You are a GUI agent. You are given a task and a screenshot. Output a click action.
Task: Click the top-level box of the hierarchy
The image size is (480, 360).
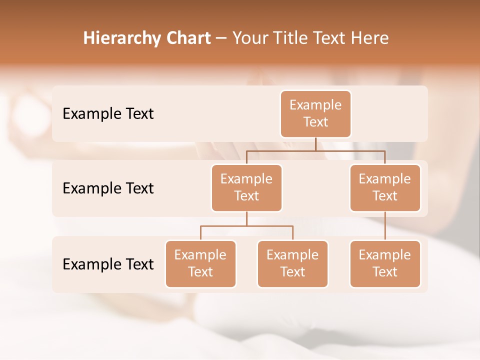point(315,113)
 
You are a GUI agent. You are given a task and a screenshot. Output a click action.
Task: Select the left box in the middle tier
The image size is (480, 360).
point(246,187)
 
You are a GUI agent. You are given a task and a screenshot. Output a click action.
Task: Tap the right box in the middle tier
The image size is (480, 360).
point(385,187)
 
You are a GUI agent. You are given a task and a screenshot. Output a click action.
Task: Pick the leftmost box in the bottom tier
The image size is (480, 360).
point(200,263)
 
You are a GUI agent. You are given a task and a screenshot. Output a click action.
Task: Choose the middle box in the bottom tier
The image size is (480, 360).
point(292,263)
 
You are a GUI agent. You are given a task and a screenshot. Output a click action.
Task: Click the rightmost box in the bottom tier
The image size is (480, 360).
point(385,263)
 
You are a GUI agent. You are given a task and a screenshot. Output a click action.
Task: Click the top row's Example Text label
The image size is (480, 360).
point(108,113)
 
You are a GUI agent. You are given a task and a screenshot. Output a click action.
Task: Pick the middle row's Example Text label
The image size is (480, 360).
point(108,188)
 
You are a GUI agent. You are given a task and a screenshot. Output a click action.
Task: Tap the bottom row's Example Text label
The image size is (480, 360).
point(108,264)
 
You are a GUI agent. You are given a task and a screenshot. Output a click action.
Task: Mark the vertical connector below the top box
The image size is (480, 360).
point(315,144)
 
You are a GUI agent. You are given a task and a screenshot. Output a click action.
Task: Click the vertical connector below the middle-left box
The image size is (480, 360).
point(246,218)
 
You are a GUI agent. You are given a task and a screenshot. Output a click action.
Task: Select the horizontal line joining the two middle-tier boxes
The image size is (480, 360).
point(315,150)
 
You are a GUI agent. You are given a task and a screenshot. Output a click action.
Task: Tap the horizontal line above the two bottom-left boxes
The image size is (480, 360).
point(246,226)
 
